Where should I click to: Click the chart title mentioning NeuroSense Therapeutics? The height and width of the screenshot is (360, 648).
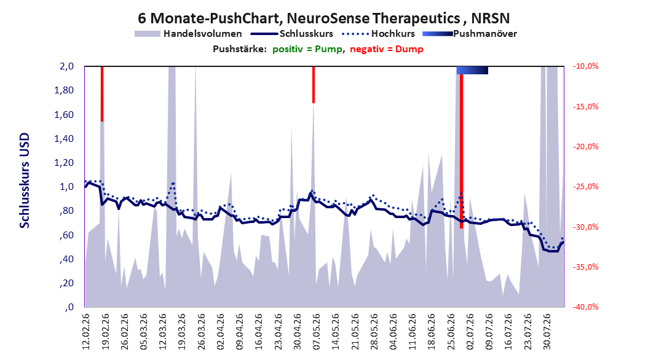323,18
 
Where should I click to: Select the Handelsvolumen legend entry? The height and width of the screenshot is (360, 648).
188,34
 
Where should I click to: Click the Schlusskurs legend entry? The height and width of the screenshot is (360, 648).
291,34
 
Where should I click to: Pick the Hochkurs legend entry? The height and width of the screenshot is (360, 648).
378,34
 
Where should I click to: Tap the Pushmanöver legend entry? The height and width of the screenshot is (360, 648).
470,34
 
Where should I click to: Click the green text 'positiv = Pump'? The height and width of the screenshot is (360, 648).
307,49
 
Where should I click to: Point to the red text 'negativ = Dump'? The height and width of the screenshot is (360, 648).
387,49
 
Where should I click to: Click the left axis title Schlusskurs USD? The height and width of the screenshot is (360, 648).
25,181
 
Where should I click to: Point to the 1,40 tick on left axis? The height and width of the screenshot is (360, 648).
64,139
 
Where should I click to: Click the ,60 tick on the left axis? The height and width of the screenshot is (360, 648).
66,235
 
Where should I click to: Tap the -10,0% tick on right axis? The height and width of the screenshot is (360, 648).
585,66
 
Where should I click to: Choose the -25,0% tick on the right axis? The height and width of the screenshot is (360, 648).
585,187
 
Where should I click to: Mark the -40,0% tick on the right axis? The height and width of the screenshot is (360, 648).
585,307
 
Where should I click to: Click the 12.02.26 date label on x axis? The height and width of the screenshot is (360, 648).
86,332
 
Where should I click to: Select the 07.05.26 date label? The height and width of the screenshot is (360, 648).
317,332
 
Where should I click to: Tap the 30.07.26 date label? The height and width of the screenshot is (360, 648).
547,332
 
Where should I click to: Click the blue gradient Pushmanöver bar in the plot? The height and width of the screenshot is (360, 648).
472,70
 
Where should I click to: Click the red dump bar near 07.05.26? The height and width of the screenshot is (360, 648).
314,85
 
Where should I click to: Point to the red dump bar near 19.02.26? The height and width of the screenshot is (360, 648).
102,94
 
